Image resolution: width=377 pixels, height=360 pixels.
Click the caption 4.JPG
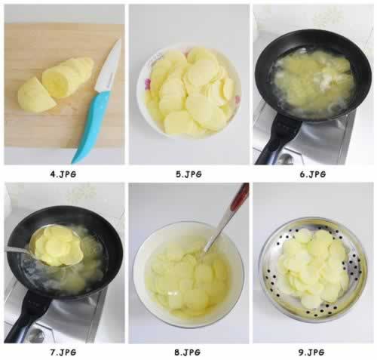63,174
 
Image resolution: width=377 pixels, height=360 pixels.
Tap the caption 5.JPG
188,174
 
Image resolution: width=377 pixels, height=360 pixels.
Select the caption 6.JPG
313,174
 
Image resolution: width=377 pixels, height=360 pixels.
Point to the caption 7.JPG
63,352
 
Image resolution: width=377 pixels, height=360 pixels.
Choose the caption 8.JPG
188,352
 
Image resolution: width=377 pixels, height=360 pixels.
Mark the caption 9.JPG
311,352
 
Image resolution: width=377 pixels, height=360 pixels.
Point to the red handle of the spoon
240,198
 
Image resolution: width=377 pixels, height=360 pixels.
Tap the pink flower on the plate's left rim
148,84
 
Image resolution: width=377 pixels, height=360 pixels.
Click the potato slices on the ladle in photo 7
59,245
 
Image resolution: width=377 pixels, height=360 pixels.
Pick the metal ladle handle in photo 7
17,251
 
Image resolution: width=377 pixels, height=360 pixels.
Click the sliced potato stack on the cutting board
68,77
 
